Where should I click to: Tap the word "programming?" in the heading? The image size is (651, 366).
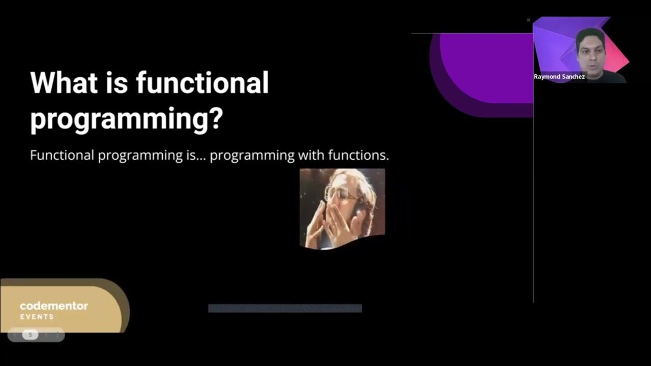127,118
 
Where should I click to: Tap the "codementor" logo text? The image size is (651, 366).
54,306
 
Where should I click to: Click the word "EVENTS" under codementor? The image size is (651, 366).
37,317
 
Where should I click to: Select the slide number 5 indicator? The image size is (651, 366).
31,335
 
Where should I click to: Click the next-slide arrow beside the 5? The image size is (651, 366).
46,335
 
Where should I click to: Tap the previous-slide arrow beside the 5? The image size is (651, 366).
15,335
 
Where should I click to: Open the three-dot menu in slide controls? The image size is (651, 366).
57,335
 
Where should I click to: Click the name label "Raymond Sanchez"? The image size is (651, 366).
559,77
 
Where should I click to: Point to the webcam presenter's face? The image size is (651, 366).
590,48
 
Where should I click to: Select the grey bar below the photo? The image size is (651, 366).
285,308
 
